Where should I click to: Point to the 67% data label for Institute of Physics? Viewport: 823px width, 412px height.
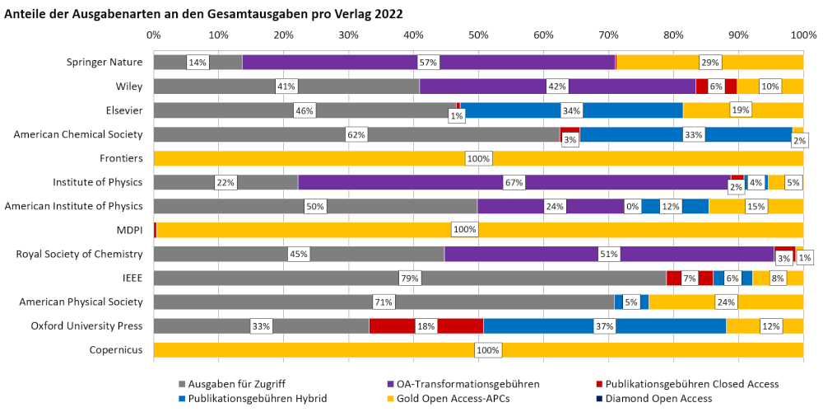coord(514,182)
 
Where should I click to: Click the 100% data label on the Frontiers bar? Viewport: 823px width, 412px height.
coord(478,158)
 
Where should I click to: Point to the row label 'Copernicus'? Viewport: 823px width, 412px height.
coord(116,350)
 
